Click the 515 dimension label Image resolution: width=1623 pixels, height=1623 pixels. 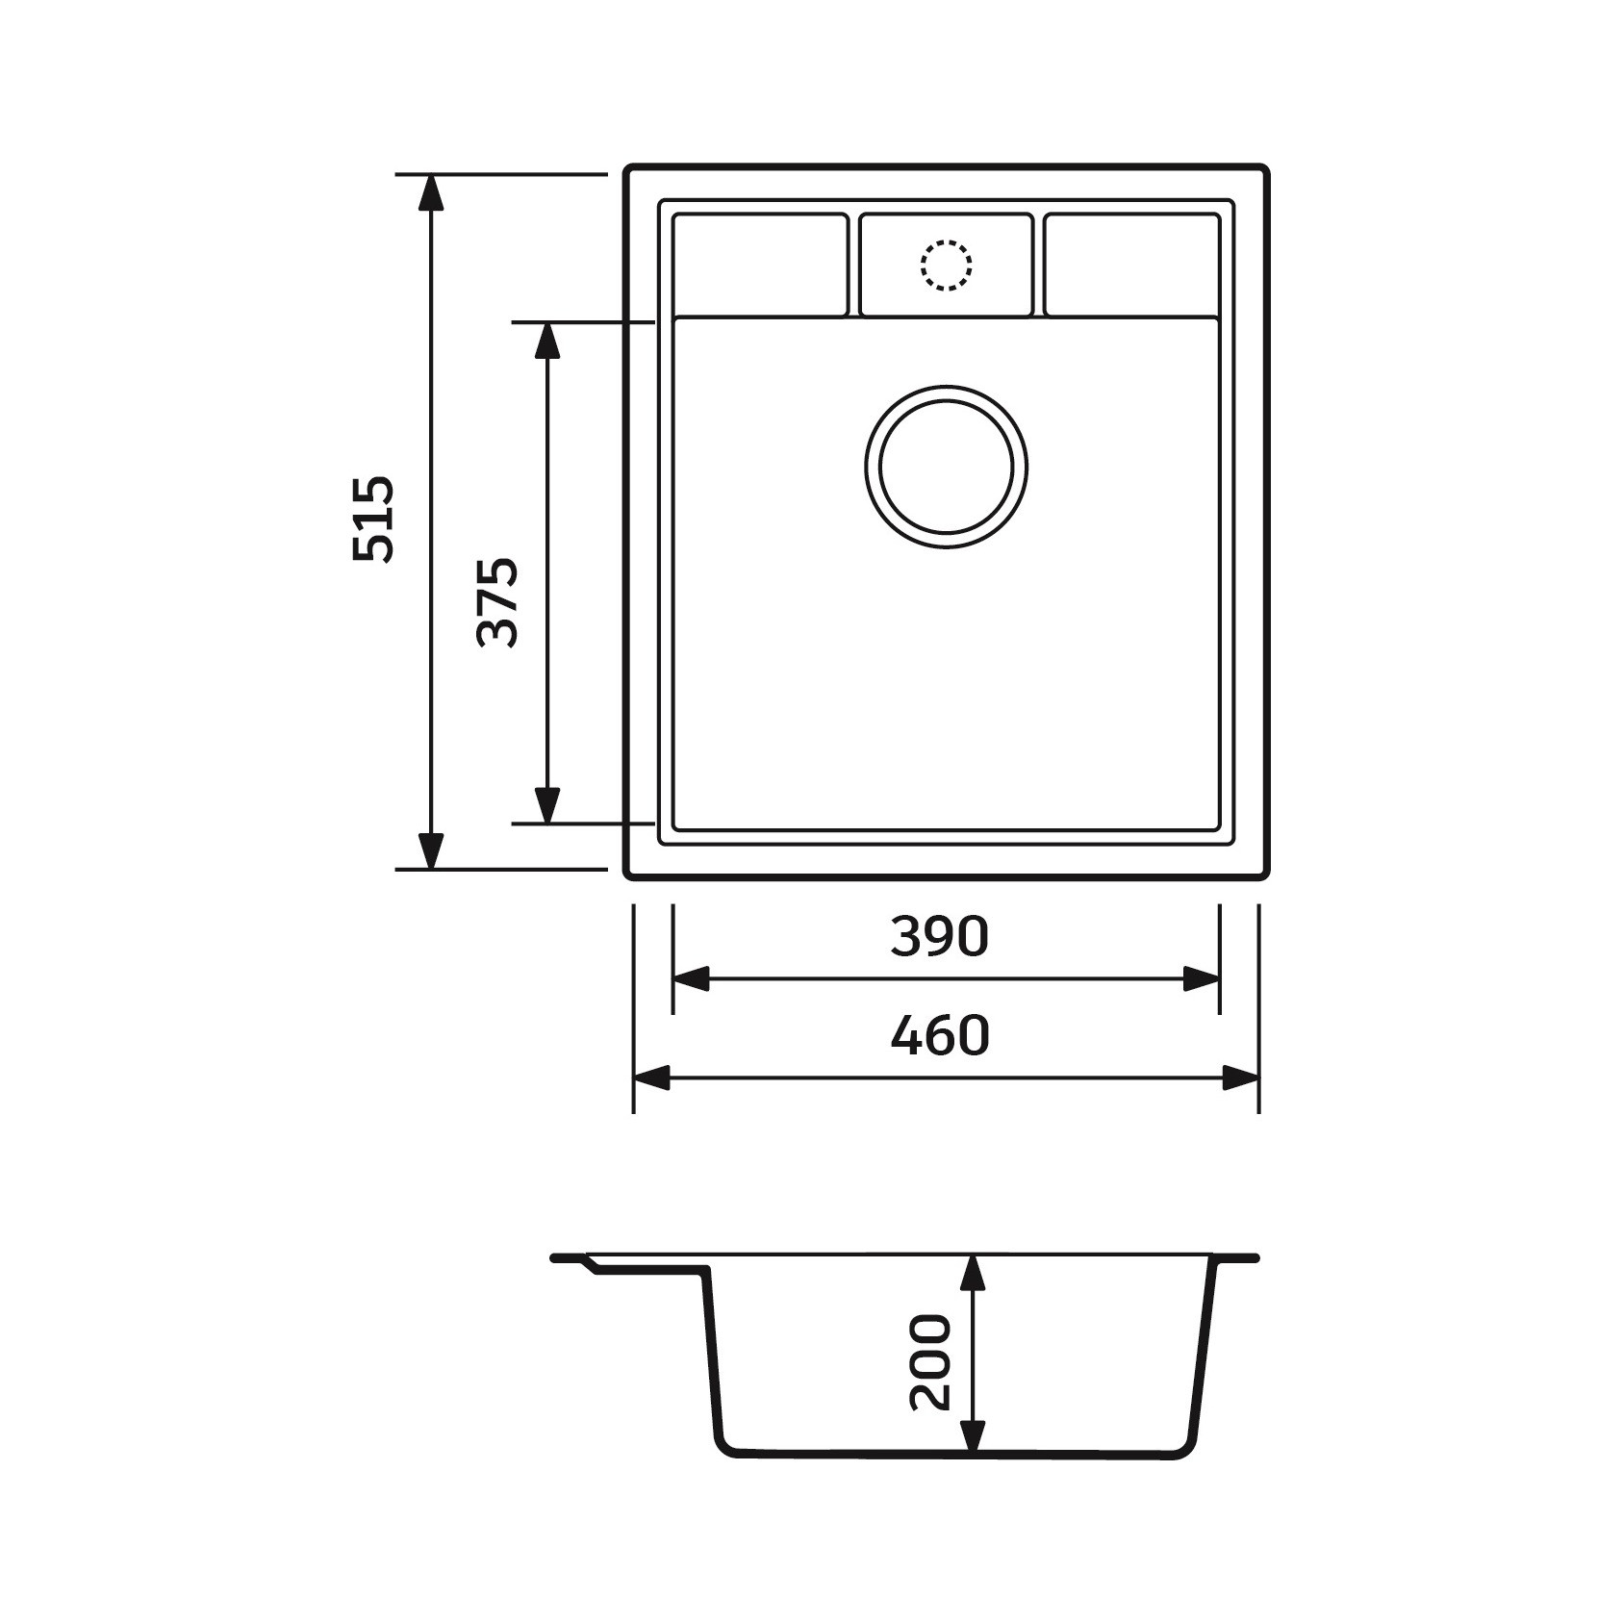point(373,519)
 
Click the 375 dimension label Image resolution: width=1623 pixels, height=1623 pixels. point(498,601)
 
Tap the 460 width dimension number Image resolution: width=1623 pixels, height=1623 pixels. point(939,1035)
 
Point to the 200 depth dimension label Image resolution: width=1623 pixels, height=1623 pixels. point(930,1362)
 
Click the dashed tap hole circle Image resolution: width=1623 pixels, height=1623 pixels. point(946,265)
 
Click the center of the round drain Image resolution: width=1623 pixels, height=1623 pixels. point(946,467)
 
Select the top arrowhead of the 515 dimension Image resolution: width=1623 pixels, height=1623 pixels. point(432,193)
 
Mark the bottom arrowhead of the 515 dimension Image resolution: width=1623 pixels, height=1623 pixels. point(432,850)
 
